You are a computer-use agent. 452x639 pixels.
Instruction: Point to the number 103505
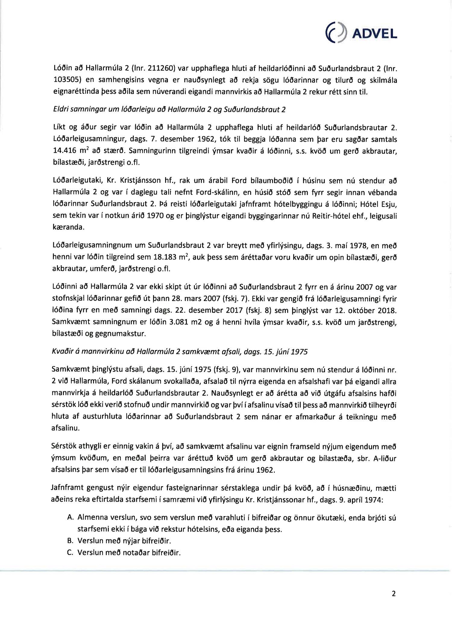[x=66, y=80]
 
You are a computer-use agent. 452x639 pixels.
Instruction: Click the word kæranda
[x=68, y=227]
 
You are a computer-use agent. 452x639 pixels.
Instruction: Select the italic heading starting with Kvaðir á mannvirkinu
[x=180, y=352]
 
